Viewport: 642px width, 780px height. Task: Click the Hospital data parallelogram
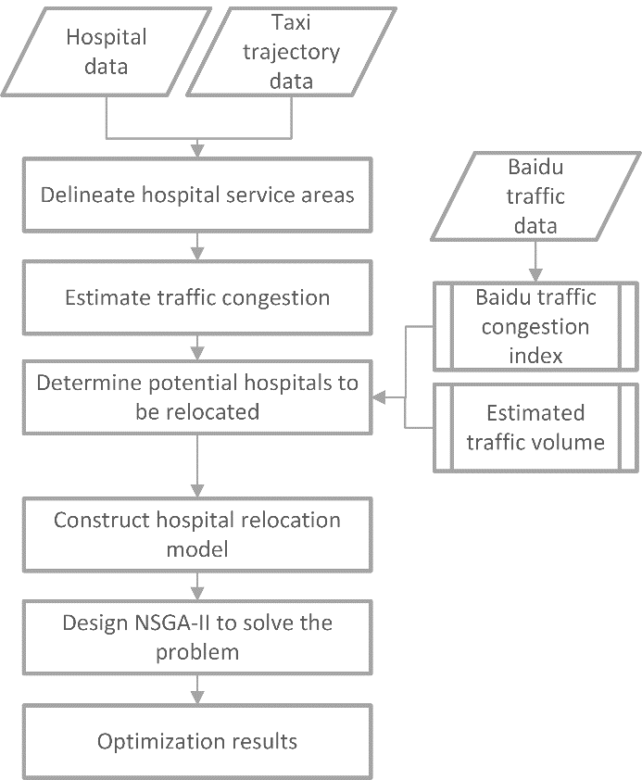pyautogui.click(x=106, y=51)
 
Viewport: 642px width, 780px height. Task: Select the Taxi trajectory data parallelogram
pyautogui.click(x=292, y=51)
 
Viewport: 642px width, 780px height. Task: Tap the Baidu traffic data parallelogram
pyautogui.click(x=535, y=196)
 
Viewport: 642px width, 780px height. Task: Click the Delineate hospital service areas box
pyautogui.click(x=197, y=195)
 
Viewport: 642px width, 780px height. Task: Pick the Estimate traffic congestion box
pyautogui.click(x=197, y=297)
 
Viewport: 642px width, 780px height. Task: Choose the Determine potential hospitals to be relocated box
pyautogui.click(x=197, y=397)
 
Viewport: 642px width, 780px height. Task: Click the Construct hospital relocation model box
pyautogui.click(x=197, y=535)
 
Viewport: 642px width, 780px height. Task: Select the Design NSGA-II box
pyautogui.click(x=197, y=637)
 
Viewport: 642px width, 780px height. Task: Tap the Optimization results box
pyautogui.click(x=197, y=741)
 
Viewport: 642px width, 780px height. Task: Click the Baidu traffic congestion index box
pyautogui.click(x=535, y=326)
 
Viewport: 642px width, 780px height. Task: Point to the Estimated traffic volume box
pyautogui.click(x=535, y=427)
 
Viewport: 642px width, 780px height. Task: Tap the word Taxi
pyautogui.click(x=292, y=22)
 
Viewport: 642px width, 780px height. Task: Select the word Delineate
pyautogui.click(x=89, y=195)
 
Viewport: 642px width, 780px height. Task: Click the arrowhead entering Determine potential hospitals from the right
pyautogui.click(x=378, y=397)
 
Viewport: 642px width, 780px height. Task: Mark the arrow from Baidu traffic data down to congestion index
pyautogui.click(x=535, y=261)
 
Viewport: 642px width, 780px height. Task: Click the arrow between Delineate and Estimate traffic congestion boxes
pyautogui.click(x=197, y=246)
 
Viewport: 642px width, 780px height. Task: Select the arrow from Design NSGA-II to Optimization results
pyautogui.click(x=197, y=689)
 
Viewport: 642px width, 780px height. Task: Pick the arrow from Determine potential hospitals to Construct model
pyautogui.click(x=197, y=466)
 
